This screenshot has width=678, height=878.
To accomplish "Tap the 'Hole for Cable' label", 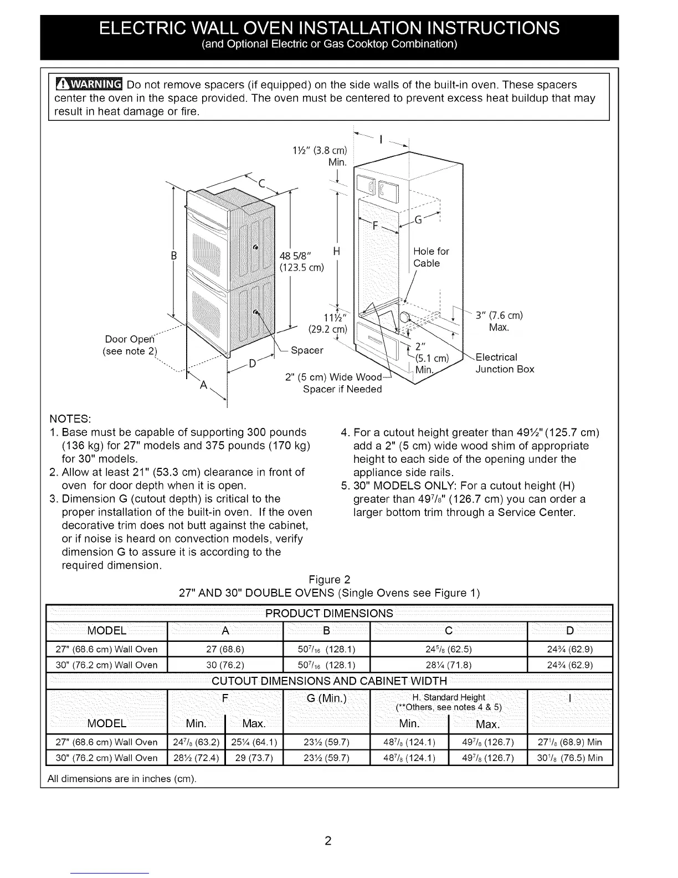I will [x=430, y=257].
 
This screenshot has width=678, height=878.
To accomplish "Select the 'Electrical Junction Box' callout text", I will [x=504, y=363].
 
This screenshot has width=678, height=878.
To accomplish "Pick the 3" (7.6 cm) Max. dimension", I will [x=499, y=321].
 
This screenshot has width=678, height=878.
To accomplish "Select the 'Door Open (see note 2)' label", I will [x=131, y=345].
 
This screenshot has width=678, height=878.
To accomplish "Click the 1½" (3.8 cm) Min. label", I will [x=320, y=156].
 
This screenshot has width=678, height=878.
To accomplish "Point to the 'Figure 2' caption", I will [x=330, y=580].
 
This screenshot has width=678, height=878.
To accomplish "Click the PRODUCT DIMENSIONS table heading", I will [x=329, y=614].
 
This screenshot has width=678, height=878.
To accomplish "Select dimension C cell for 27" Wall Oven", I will [x=449, y=650].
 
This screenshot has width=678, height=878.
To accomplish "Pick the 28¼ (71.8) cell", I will [x=449, y=665].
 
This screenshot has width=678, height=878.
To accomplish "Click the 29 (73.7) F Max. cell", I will [x=254, y=758].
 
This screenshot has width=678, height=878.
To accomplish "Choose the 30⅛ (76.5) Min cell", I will [x=569, y=758].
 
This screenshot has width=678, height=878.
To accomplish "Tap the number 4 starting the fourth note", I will [x=344, y=432].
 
